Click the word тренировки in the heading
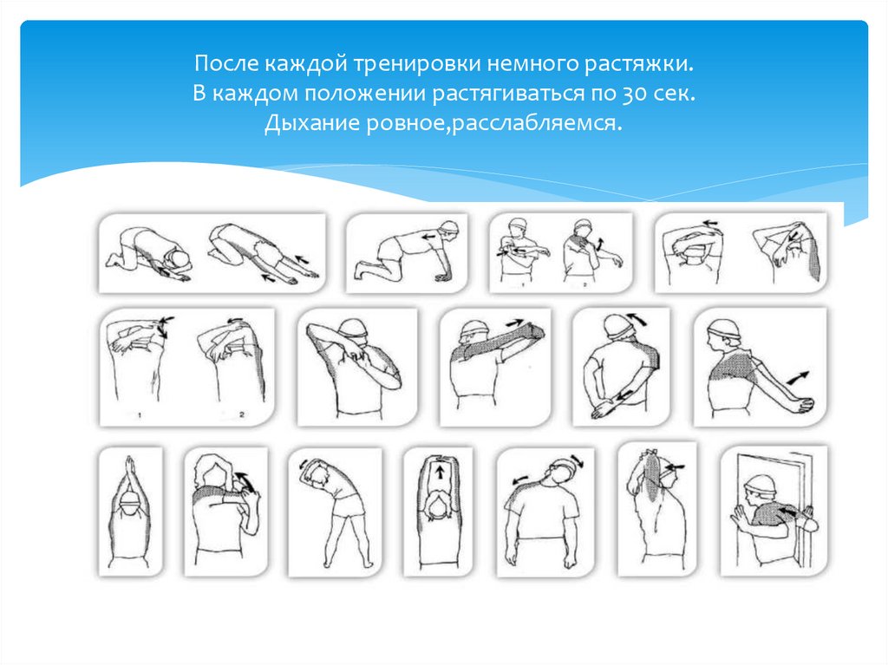pos(417,63)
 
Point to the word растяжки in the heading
pos(639,63)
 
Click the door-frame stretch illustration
pos(774,512)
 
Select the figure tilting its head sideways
pos(545,512)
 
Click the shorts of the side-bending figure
pos(347,505)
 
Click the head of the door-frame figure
pos(760,487)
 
